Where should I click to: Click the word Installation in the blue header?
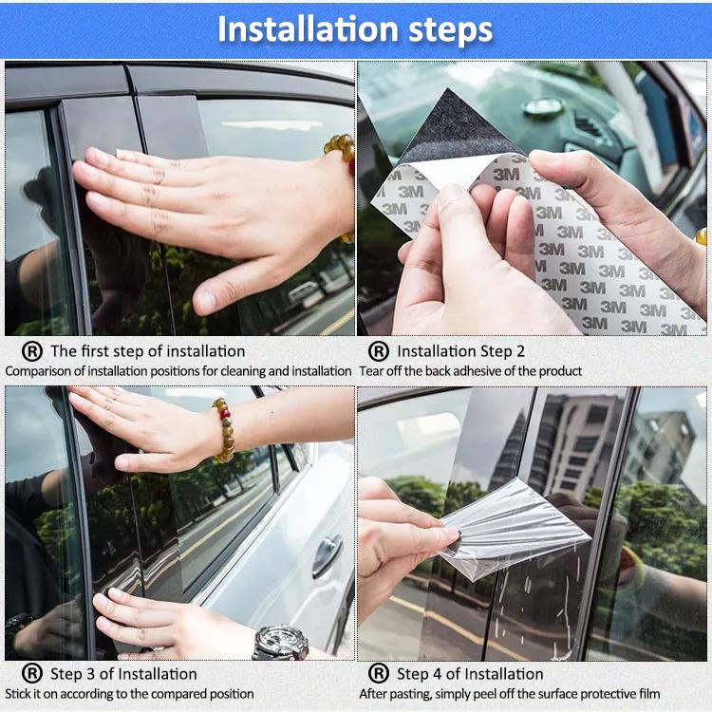(x=309, y=29)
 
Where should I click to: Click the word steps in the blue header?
(x=450, y=31)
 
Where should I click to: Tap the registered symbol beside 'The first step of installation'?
(x=32, y=351)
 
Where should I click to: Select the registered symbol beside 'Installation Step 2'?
(x=379, y=351)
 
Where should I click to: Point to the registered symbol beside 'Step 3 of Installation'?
(x=32, y=673)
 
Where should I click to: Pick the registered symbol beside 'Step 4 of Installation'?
(x=379, y=673)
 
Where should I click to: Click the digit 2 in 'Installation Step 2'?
(x=520, y=351)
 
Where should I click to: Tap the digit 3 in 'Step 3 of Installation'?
(x=90, y=674)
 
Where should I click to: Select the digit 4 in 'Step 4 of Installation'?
(x=437, y=674)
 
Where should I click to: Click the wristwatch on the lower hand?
(x=280, y=642)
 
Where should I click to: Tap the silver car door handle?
(x=327, y=555)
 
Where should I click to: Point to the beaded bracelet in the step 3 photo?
(x=224, y=430)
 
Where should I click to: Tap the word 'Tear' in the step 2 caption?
(x=370, y=371)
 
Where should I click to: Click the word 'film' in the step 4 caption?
(x=649, y=694)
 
